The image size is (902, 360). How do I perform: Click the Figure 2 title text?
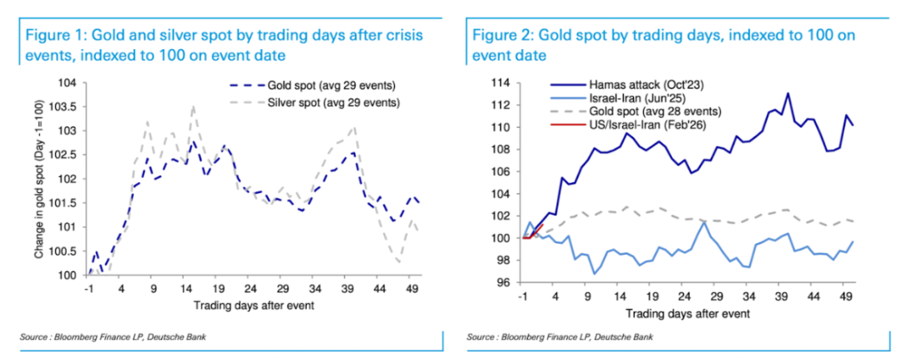click(x=663, y=45)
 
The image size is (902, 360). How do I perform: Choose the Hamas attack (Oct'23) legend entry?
click(x=617, y=85)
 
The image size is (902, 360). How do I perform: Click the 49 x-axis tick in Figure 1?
click(x=412, y=286)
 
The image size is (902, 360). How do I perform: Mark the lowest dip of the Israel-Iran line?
click(x=594, y=274)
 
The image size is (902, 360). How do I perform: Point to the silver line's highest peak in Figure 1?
click(x=193, y=107)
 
